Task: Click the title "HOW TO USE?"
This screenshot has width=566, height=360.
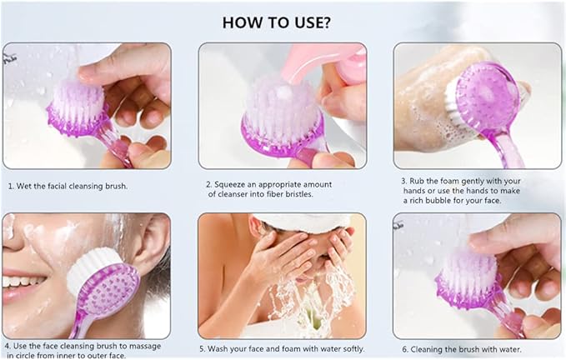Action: pos(283,22)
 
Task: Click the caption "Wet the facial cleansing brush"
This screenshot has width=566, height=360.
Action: pos(72,185)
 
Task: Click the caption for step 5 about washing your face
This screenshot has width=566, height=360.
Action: pos(281,348)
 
